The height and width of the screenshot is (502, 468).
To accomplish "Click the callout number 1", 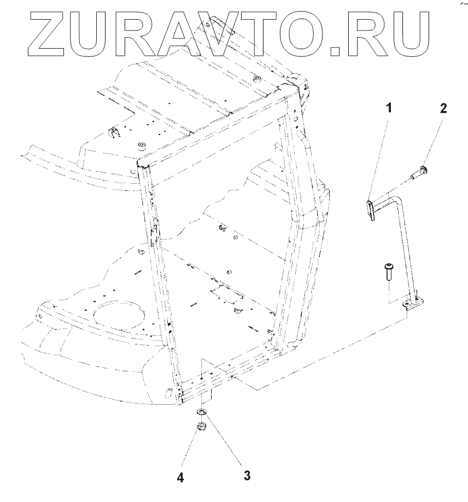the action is (x=389, y=108).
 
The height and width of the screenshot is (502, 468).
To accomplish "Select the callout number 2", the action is (x=443, y=108).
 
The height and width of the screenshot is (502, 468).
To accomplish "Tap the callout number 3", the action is (x=247, y=475).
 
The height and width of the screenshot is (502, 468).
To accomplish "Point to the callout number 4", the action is (x=180, y=477).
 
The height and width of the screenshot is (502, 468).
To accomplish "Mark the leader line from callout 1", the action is (x=381, y=158).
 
